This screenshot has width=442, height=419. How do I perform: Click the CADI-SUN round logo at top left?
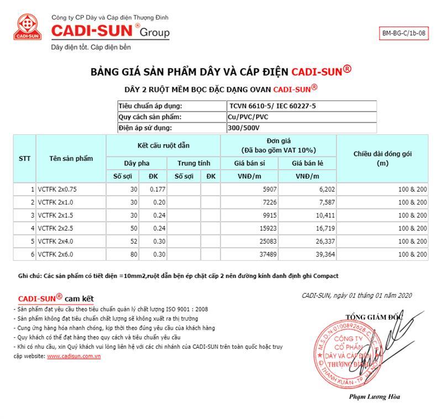click(x=28, y=29)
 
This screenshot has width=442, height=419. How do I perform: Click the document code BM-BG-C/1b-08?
click(x=404, y=33)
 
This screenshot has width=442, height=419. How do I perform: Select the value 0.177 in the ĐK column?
click(x=157, y=189)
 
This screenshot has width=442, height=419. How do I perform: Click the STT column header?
click(x=24, y=159)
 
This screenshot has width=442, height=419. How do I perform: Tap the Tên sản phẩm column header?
click(x=71, y=159)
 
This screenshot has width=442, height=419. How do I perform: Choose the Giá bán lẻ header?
click(x=307, y=164)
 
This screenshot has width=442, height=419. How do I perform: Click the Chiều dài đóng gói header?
click(x=382, y=159)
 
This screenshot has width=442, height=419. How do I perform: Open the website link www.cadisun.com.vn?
click(x=73, y=357)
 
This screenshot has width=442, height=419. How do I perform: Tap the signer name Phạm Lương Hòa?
click(x=375, y=396)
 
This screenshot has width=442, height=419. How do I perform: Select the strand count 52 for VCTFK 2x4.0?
click(x=133, y=241)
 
